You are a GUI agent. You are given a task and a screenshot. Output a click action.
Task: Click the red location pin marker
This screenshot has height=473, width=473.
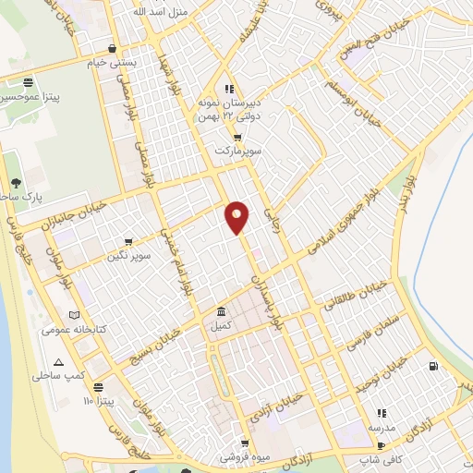[x=237, y=217]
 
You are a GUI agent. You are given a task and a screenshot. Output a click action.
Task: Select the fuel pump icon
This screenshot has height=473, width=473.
[x=433, y=367]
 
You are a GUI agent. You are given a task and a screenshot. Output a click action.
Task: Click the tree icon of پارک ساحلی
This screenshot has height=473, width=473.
[x=16, y=183]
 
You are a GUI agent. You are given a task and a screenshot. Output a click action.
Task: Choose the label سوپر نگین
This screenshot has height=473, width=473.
[x=127, y=254]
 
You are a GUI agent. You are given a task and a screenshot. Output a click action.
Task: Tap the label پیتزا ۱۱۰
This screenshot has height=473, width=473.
[x=102, y=402]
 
